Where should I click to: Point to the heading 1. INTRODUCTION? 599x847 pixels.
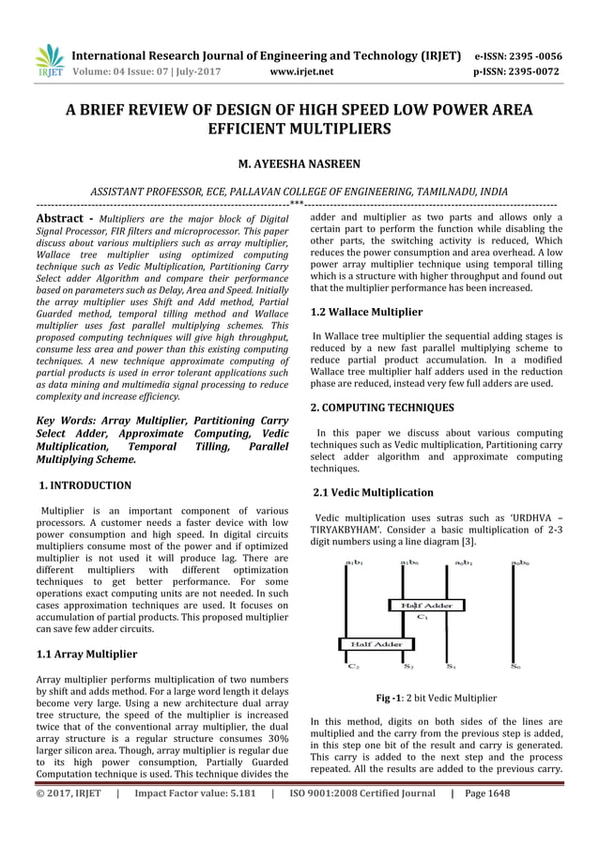(84, 485)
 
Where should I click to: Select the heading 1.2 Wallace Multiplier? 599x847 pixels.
(366, 311)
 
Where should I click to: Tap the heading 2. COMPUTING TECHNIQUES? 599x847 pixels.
(382, 408)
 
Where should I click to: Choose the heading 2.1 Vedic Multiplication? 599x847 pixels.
(373, 492)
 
